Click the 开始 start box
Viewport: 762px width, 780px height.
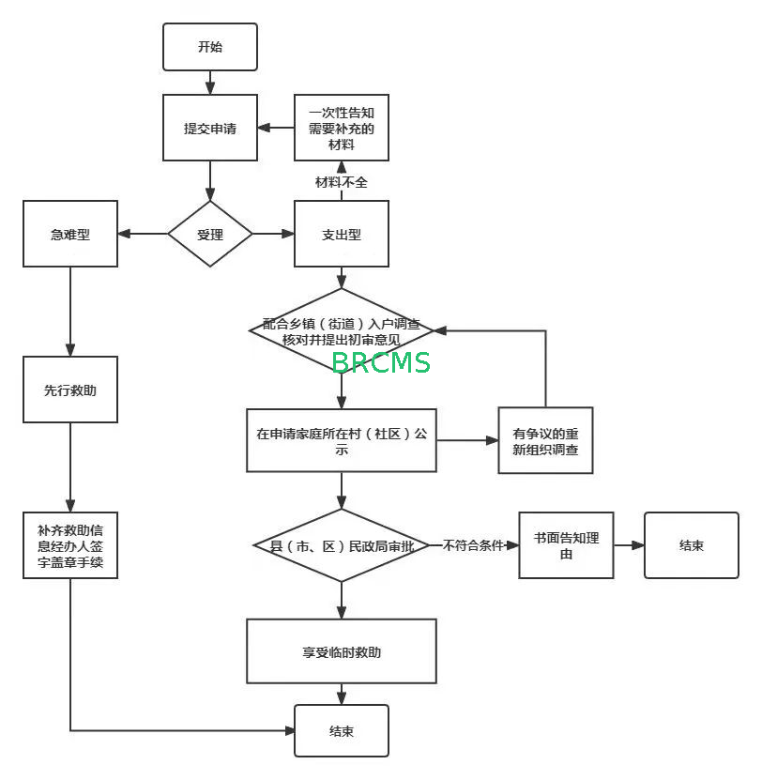click(x=209, y=47)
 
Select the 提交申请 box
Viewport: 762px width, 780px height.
click(x=209, y=129)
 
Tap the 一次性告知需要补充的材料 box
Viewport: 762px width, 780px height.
click(x=341, y=129)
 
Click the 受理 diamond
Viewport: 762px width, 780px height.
click(x=210, y=235)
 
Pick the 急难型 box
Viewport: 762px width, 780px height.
click(x=70, y=235)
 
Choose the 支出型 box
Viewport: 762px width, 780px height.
click(x=341, y=235)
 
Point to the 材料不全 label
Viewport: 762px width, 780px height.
click(x=341, y=182)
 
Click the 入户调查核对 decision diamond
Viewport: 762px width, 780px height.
click(x=342, y=329)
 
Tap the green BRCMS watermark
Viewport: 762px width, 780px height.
click(x=381, y=362)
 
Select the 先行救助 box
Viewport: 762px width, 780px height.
click(x=70, y=390)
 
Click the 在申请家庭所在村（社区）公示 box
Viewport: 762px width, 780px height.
click(x=342, y=440)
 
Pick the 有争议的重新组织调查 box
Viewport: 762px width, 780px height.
click(x=545, y=440)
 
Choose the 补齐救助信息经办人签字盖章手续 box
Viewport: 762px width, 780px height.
click(x=70, y=545)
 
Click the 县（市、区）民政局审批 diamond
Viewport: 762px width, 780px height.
click(x=342, y=545)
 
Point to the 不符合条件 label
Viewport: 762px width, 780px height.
click(x=473, y=545)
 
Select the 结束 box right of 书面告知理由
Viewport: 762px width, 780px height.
click(x=691, y=545)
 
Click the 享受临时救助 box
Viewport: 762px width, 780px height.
click(x=342, y=651)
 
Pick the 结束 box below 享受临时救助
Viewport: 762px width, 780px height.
click(x=342, y=731)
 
